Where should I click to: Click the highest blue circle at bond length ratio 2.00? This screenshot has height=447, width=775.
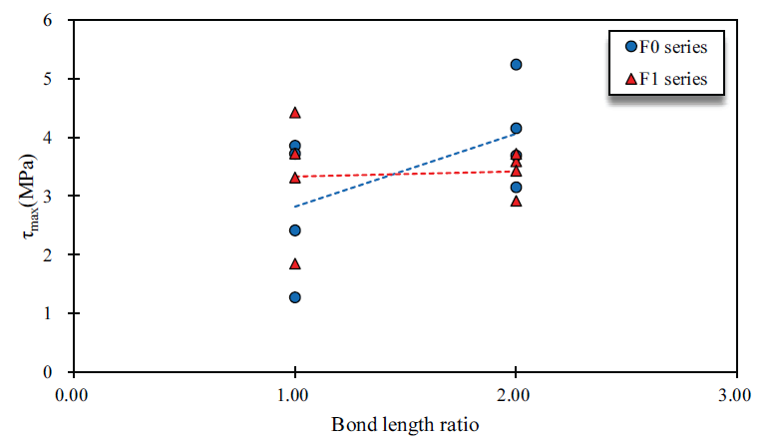coord(516,65)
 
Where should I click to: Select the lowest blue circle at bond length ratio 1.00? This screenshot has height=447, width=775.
coord(294,297)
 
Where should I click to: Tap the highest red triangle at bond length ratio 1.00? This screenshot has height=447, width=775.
coord(294,113)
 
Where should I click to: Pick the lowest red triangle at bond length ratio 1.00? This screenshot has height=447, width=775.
coord(294,264)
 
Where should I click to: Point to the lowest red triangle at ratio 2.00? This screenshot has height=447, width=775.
coord(516,202)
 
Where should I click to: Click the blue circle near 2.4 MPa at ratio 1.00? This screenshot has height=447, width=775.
coord(294,230)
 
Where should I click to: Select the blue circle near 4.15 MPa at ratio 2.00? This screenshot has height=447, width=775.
coord(516,129)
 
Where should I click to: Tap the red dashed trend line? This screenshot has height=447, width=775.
coord(405,174)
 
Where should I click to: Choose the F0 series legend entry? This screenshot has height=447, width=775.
coord(666,46)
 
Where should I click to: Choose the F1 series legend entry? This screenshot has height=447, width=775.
coord(666,79)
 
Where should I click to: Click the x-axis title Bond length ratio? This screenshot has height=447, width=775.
coord(405,425)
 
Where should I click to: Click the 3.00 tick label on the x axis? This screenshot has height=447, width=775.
coord(736,395)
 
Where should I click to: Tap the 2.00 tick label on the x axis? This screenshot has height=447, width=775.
coord(516,395)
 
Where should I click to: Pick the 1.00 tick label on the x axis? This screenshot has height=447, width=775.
coord(294,395)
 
